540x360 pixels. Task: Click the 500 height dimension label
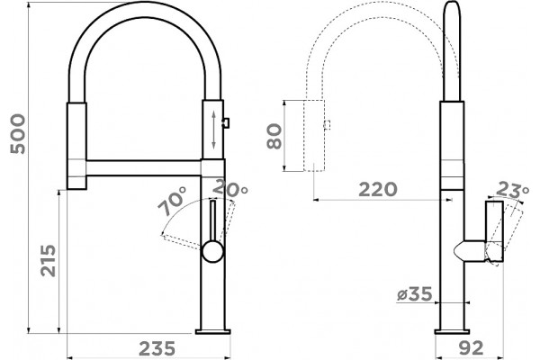click(18, 134)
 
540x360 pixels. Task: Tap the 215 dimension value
click(48, 260)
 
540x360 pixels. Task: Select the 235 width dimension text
click(157, 348)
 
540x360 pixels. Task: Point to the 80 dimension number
click(274, 137)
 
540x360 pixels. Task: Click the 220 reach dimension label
click(378, 190)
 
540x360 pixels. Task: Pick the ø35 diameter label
click(414, 294)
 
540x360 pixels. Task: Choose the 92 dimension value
click(471, 348)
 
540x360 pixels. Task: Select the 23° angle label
click(513, 189)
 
